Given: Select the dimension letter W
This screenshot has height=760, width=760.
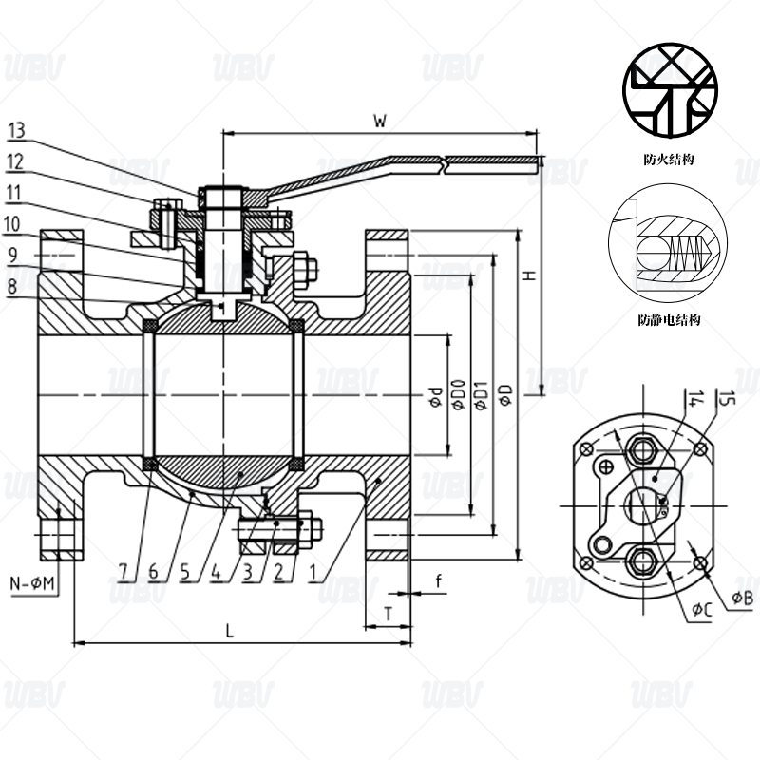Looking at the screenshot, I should point(379,121).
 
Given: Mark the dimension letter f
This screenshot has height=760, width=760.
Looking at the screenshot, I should point(438,579).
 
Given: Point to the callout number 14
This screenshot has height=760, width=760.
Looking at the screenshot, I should point(697,399).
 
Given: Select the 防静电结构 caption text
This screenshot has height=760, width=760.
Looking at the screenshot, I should point(669,321).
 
